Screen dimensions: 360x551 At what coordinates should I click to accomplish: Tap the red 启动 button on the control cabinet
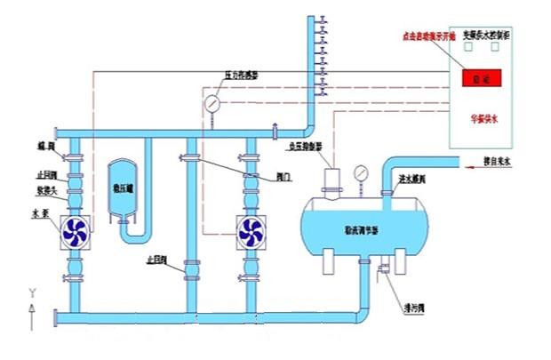pyautogui.click(x=480, y=79)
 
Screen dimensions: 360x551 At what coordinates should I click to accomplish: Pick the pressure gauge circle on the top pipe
pyautogui.click(x=213, y=102)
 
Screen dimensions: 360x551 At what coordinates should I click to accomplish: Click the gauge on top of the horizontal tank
pyautogui.click(x=361, y=172)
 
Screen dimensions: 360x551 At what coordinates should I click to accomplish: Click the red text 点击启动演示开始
pyautogui.click(x=430, y=36)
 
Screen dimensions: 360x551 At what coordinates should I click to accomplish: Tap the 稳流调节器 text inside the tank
pyautogui.click(x=361, y=230)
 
